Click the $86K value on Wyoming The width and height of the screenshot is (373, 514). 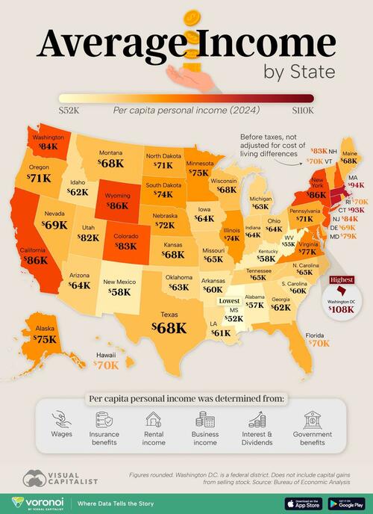pyautogui.click(x=117, y=204)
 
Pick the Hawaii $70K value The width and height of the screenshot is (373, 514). pyautogui.click(x=107, y=365)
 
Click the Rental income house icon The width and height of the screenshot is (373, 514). pyautogui.click(x=154, y=419)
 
